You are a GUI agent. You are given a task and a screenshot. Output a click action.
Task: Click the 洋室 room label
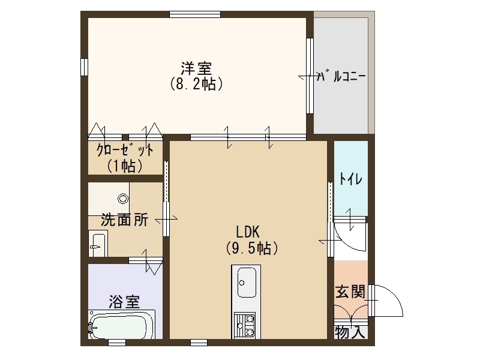(x=196, y=68)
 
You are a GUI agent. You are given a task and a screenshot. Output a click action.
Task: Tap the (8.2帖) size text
(x=196, y=83)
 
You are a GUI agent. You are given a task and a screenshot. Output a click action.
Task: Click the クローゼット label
(x=125, y=151)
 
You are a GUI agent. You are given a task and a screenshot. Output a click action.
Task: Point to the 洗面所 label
(x=125, y=220)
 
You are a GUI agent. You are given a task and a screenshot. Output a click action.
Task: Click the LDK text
(x=248, y=232)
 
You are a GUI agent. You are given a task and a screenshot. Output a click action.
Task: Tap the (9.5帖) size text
(x=252, y=248)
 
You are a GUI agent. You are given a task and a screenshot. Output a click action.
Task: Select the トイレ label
(x=351, y=179)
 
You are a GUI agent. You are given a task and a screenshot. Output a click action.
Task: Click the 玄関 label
(x=350, y=292)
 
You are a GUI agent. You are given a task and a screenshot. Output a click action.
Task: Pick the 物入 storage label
(x=350, y=332)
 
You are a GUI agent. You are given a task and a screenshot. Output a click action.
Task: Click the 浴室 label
(x=125, y=302)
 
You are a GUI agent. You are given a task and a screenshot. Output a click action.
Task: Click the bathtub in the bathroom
(x=122, y=325)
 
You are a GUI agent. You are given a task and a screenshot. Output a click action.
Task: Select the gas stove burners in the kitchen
(x=245, y=325)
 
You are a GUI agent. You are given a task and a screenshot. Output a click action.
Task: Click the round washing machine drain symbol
(x=123, y=199)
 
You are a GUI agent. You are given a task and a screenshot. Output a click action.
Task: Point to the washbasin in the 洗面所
(x=98, y=244)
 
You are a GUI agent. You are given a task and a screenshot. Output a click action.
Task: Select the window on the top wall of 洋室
(x=195, y=14)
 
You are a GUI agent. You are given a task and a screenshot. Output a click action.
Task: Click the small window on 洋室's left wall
(x=84, y=67)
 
